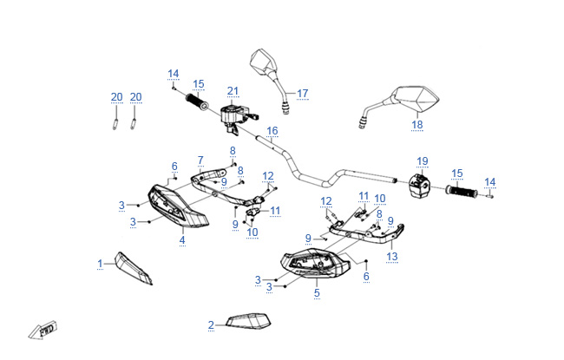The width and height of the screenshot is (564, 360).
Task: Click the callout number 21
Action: (233, 91)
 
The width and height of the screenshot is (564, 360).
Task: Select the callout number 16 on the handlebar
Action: (272, 131)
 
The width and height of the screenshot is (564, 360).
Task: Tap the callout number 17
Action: (303, 93)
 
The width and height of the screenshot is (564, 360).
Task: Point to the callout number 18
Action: (417, 125)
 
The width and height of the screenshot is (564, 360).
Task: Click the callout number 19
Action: (423, 161)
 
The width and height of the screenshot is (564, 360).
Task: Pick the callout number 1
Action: (100, 263)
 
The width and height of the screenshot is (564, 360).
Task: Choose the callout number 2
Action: (211, 325)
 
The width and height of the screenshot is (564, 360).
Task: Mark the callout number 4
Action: (182, 239)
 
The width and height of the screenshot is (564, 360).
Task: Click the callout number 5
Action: (317, 293)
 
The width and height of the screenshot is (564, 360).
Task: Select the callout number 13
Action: (392, 257)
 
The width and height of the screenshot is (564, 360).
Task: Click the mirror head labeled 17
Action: (261, 63)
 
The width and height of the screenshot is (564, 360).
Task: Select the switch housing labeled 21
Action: (232, 116)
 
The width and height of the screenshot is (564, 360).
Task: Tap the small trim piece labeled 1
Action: (134, 268)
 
